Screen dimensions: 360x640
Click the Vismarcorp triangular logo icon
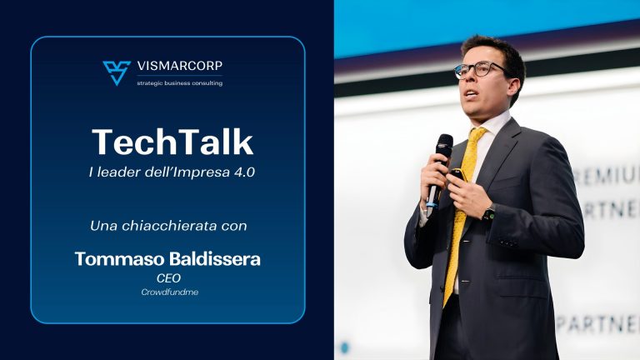click(x=117, y=72)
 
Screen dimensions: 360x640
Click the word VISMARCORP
click(x=179, y=66)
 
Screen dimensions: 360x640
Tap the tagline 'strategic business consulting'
click(x=179, y=82)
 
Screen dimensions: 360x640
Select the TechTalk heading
click(x=172, y=142)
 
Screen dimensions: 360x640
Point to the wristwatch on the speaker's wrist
click(x=488, y=212)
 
